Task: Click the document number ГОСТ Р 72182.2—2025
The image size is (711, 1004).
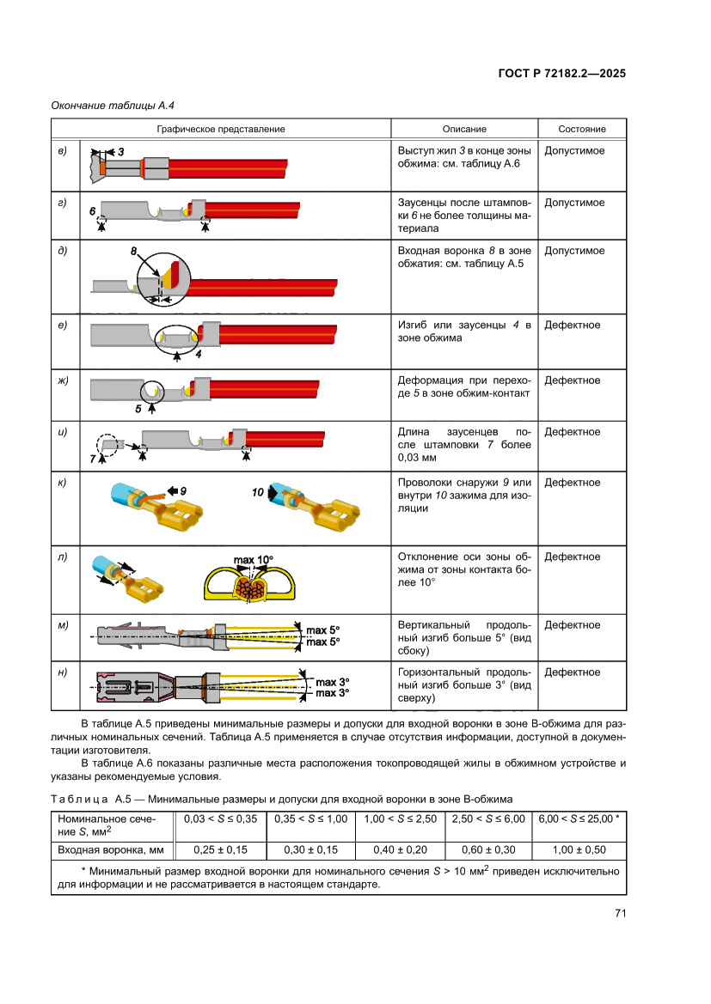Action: pos(561,74)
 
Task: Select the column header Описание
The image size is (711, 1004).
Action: pos(464,129)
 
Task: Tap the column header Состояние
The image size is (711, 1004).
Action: pos(582,129)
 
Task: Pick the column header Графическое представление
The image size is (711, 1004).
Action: pos(221,129)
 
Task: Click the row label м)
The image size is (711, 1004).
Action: pos(63,624)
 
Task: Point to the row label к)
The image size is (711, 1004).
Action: pos(63,483)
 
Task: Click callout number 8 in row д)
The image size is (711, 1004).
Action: pos(134,251)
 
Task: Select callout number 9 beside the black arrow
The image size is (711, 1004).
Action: pos(183,490)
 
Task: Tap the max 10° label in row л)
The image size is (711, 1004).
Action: pos(253,560)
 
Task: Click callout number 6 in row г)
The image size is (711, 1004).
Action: pos(92,210)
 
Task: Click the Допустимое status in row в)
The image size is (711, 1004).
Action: pos(574,151)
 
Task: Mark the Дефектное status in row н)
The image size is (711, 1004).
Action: pos(573,672)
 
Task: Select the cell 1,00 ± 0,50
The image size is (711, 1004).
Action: pos(579,849)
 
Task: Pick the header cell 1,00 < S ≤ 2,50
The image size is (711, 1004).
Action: pos(401,818)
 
